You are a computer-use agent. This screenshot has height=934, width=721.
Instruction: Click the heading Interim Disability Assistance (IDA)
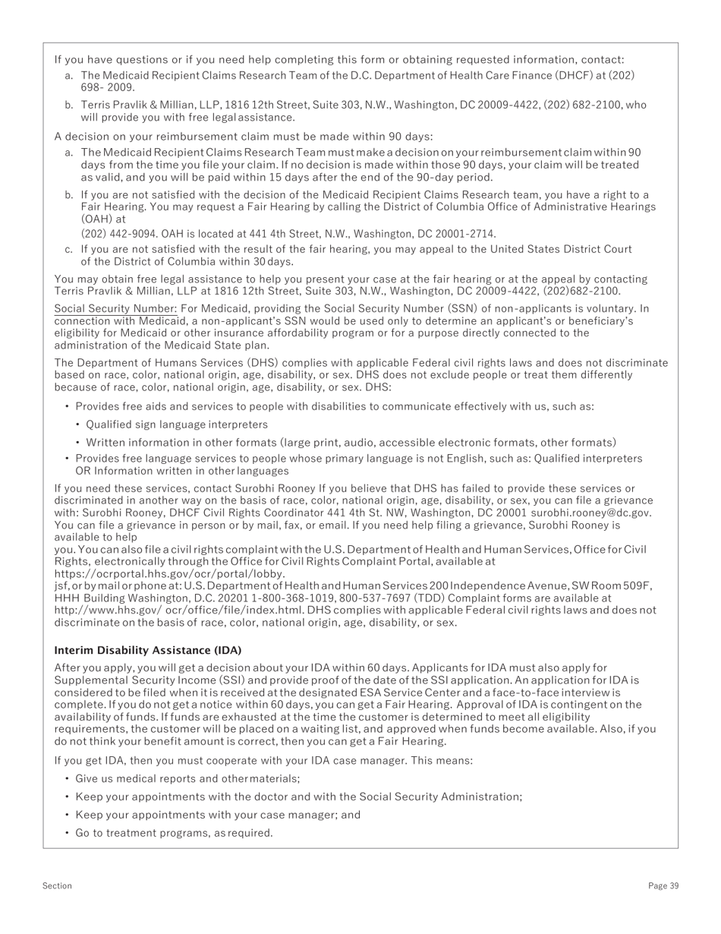pyautogui.click(x=147, y=651)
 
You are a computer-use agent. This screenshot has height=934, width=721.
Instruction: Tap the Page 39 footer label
pyautogui.click(x=663, y=885)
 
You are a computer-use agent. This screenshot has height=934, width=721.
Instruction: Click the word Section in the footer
pyautogui.click(x=57, y=885)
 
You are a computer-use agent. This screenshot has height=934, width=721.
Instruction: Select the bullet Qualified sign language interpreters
pyautogui.click(x=176, y=424)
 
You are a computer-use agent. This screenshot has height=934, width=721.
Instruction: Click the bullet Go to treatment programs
pyautogui.click(x=174, y=833)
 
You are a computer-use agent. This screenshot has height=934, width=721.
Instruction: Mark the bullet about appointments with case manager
pyautogui.click(x=218, y=815)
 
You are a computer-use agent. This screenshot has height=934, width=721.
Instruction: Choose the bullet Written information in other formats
pyautogui.click(x=351, y=443)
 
